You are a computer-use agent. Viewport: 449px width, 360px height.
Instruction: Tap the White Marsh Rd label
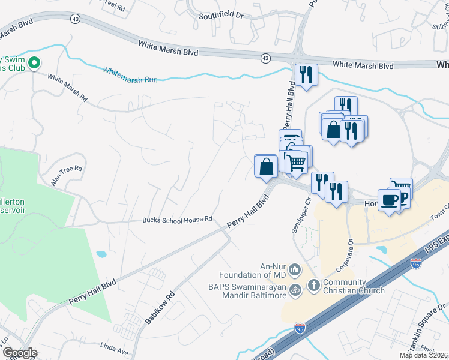click(x=67, y=87)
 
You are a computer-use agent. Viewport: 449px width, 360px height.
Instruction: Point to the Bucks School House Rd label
click(x=177, y=220)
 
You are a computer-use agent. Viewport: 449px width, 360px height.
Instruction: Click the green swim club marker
click(x=34, y=62)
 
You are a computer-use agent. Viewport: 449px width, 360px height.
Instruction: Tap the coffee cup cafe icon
click(x=388, y=199)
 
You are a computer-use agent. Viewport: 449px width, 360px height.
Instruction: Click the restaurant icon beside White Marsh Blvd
click(x=306, y=74)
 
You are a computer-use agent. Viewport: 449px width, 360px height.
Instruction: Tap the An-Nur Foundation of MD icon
click(x=294, y=269)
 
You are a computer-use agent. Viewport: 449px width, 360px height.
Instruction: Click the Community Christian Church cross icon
click(x=313, y=285)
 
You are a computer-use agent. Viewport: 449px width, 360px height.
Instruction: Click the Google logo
click(x=20, y=353)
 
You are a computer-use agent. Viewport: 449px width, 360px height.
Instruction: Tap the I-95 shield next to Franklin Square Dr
click(x=415, y=263)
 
